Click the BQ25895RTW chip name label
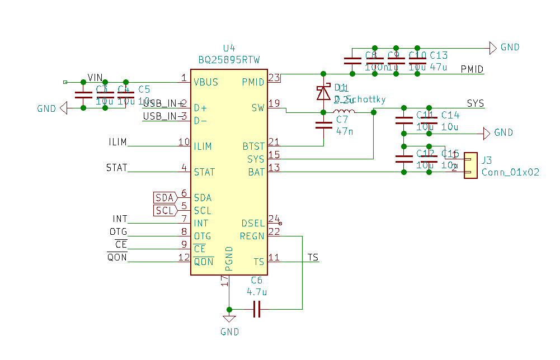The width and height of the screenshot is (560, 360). click(229, 60)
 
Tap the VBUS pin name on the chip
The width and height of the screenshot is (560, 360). click(206, 82)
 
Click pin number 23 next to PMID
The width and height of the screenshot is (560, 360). click(274, 78)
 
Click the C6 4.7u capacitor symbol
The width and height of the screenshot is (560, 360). click(257, 309)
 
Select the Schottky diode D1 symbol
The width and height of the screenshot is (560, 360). click(323, 93)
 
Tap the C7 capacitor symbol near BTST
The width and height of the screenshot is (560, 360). click(323, 124)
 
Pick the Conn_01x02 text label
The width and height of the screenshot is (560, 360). click(510, 172)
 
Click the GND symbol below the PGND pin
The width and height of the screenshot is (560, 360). click(229, 319)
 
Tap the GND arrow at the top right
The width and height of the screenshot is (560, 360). click(493, 48)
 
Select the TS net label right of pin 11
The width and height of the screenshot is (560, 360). click(313, 257)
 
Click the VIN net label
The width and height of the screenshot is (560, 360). click(95, 78)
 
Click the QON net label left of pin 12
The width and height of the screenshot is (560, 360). click(117, 257)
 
